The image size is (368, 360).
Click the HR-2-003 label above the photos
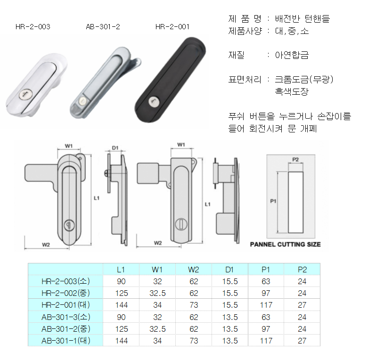(33, 27)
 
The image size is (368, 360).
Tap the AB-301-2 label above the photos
(103, 27)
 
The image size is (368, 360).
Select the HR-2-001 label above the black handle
(172, 27)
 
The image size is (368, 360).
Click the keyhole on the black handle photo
(154, 102)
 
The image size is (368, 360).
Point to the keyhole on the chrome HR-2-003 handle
(25, 95)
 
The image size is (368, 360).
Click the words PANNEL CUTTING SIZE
(285, 244)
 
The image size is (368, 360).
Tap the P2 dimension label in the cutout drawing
(295, 160)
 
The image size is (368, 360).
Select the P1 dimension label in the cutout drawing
(273, 201)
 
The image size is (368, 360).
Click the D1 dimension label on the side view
(115, 148)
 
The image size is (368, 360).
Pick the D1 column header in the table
(229, 270)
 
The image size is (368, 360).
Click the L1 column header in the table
(121, 270)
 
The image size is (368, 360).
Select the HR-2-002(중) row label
(65, 293)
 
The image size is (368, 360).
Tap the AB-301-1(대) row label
(65, 341)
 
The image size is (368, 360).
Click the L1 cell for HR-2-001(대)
(122, 305)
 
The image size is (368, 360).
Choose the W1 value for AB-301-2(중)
(157, 329)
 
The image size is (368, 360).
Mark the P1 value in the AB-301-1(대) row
(266, 341)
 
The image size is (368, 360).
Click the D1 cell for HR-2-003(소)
(230, 281)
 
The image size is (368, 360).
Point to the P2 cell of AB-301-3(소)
(302, 317)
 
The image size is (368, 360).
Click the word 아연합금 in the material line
(292, 55)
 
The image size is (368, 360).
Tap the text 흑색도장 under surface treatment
(292, 91)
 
